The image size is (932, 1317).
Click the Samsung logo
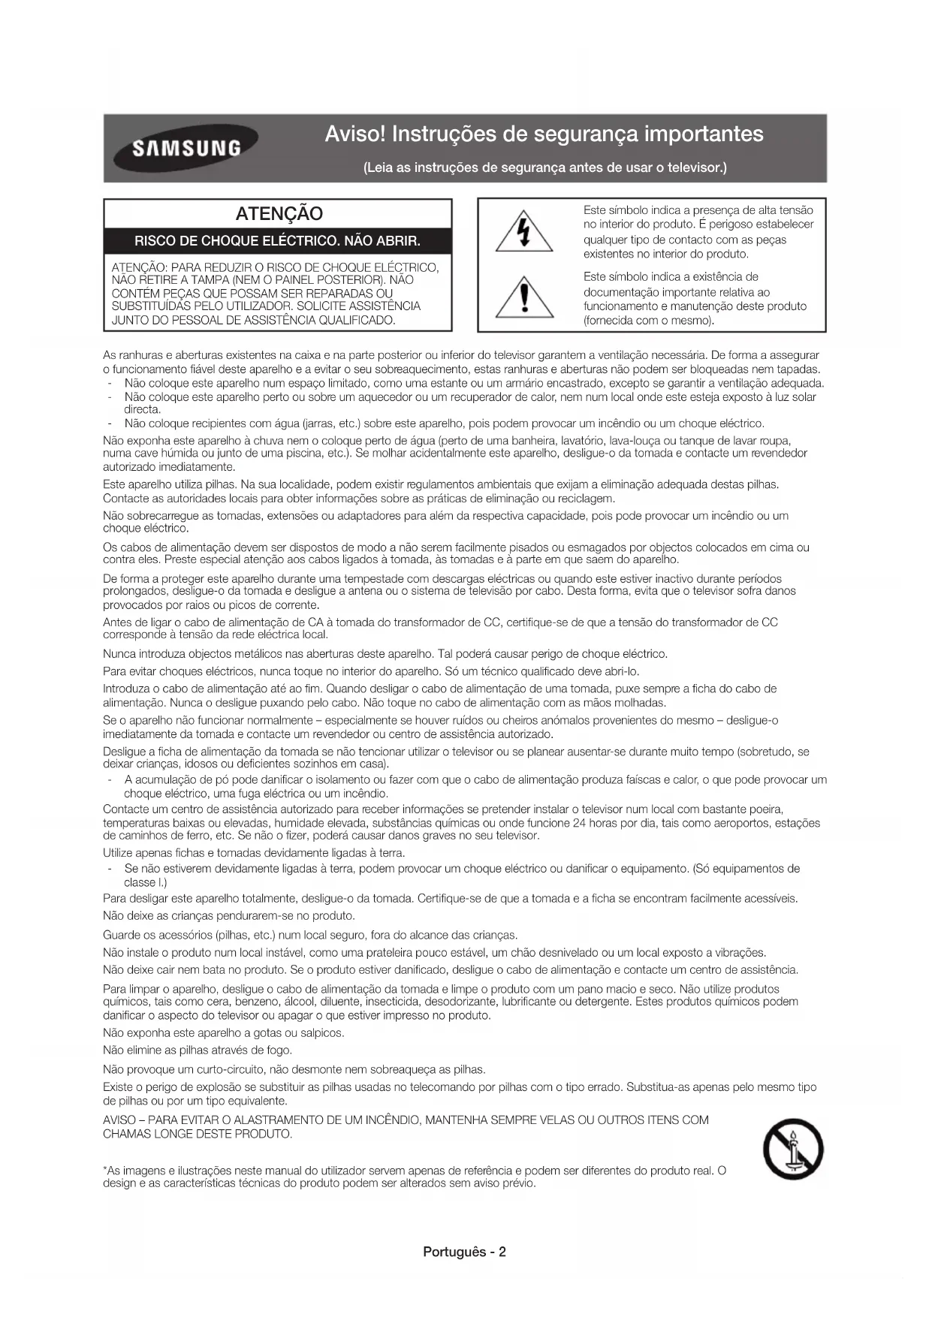click(186, 147)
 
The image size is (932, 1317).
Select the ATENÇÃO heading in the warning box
click(279, 214)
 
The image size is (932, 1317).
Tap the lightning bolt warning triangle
click(524, 233)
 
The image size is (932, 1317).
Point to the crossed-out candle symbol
click(793, 1150)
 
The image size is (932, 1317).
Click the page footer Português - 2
click(465, 1252)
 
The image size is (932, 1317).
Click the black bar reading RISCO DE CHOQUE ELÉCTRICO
click(277, 241)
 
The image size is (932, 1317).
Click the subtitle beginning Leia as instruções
click(544, 167)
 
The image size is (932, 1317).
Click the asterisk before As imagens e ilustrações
click(105, 1171)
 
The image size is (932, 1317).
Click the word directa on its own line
click(143, 410)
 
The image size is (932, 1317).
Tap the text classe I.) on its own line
click(146, 882)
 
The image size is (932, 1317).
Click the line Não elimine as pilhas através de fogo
click(198, 1050)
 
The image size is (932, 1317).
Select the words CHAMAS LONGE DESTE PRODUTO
click(198, 1134)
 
